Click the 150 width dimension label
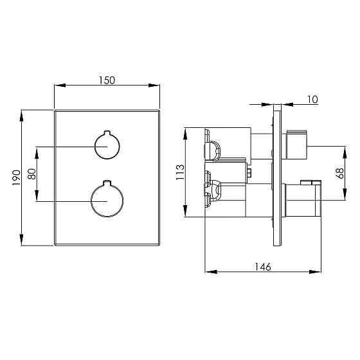click(x=107, y=80)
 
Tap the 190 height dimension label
click(x=16, y=178)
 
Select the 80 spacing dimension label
click(x=32, y=174)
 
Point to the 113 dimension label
click(x=180, y=172)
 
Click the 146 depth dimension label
click(x=263, y=267)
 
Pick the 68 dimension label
click(x=340, y=174)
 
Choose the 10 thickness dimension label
click(x=312, y=100)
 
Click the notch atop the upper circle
click(x=107, y=132)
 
